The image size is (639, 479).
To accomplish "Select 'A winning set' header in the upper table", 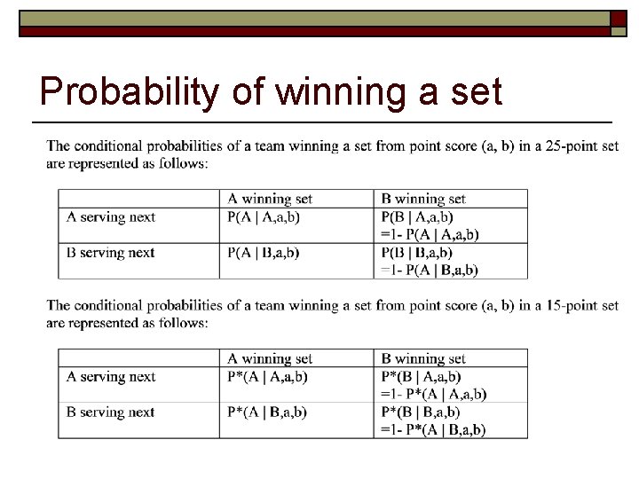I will (270, 200).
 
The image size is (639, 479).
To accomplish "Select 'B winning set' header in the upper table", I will (423, 200).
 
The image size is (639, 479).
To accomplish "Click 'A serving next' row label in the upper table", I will (110, 217).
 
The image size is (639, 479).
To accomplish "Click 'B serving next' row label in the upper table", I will (110, 253).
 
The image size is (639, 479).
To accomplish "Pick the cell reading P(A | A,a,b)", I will (264, 217).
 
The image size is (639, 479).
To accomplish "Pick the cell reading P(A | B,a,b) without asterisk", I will (264, 253).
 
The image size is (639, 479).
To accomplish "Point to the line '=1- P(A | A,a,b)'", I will (430, 234).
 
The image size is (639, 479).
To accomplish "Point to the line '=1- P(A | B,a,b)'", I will (430, 270).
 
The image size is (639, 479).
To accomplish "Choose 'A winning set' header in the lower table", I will (270, 359).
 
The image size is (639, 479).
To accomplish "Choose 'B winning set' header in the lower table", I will (423, 359).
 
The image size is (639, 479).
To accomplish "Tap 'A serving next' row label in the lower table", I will (110, 377).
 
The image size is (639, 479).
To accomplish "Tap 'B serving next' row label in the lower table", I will (110, 412).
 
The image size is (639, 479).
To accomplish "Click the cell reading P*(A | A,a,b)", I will (267, 377).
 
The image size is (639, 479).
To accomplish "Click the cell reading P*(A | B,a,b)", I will (267, 412).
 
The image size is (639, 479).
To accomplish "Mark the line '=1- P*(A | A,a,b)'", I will (433, 394).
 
